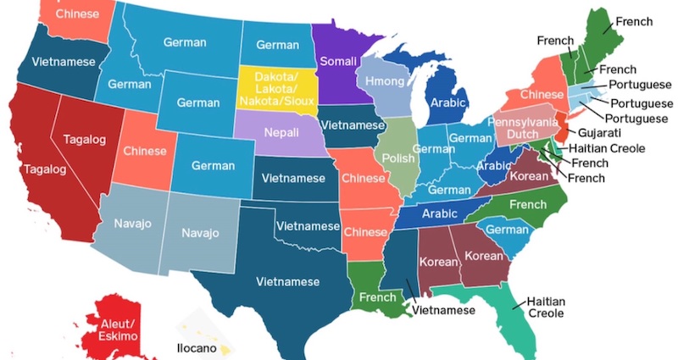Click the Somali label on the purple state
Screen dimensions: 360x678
[337, 62]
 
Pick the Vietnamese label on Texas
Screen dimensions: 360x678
[289, 281]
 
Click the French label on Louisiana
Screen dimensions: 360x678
[377, 297]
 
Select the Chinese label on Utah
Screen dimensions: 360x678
[144, 151]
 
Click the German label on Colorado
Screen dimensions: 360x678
[213, 164]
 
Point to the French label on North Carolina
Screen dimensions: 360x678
[528, 204]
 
